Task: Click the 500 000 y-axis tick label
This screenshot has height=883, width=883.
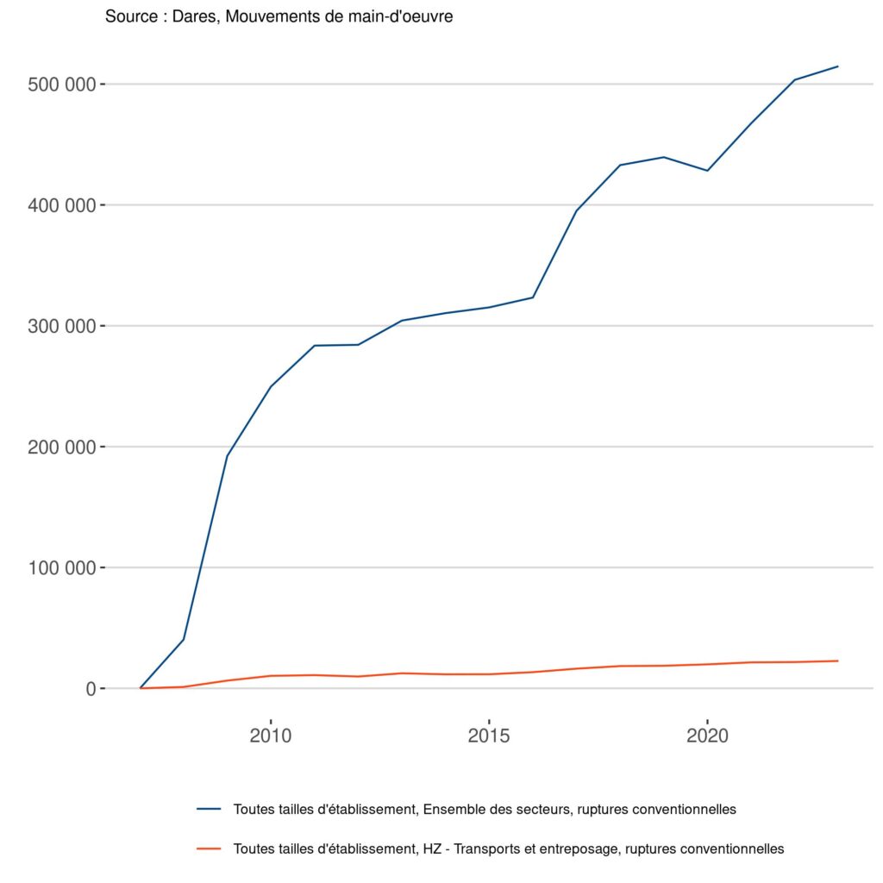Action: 63,85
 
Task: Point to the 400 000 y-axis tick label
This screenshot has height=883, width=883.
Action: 63,205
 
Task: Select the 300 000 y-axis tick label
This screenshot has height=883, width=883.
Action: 63,326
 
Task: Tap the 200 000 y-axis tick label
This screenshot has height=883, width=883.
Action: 63,447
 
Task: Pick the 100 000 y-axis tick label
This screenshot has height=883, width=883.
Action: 63,567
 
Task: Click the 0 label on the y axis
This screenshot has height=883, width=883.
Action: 91,688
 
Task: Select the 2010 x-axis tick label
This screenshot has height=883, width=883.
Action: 271,736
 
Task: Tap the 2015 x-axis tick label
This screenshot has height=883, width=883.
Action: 489,736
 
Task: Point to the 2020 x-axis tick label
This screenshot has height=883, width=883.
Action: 707,736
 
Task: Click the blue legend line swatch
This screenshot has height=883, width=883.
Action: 210,810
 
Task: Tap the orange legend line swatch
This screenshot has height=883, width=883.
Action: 210,849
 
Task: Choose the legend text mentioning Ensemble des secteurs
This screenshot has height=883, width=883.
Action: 484,810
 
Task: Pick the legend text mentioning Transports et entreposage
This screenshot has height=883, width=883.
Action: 508,849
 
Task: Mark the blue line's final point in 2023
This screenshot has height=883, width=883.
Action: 837,66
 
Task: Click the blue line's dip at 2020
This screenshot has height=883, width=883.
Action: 707,171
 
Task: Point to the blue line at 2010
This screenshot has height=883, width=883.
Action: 271,386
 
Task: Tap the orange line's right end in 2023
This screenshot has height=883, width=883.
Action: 837,661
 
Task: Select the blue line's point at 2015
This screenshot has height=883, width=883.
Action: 489,308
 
